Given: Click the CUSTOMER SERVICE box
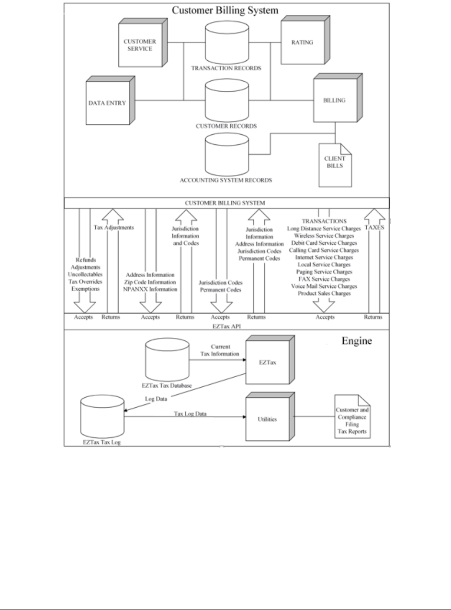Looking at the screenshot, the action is (x=143, y=43).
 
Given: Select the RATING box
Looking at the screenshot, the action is (x=305, y=40).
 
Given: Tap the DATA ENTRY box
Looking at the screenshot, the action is (x=111, y=100).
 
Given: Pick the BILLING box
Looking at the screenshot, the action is (x=338, y=98).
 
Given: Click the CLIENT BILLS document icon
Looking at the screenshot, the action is (x=335, y=165).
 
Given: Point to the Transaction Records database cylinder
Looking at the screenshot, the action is (x=227, y=43).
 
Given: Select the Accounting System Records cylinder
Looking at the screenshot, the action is (x=227, y=155).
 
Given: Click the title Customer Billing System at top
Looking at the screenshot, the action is (x=225, y=10).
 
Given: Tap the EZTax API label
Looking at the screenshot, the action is (x=227, y=326).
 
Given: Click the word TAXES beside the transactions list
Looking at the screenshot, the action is (x=374, y=228).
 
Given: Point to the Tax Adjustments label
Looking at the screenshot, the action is (x=114, y=228).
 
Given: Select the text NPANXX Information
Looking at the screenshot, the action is (x=150, y=289).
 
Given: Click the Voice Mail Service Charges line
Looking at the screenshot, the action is (x=324, y=286).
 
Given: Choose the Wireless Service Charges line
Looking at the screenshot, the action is (x=324, y=236).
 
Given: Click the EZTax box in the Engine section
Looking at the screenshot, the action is (x=271, y=359).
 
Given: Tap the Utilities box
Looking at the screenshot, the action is (x=271, y=417).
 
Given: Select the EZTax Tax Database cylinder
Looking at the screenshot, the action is (x=167, y=359).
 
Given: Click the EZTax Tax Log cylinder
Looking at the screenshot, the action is (x=102, y=417).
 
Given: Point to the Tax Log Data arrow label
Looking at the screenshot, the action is (x=190, y=414).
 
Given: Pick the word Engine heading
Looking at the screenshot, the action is (x=357, y=341).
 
